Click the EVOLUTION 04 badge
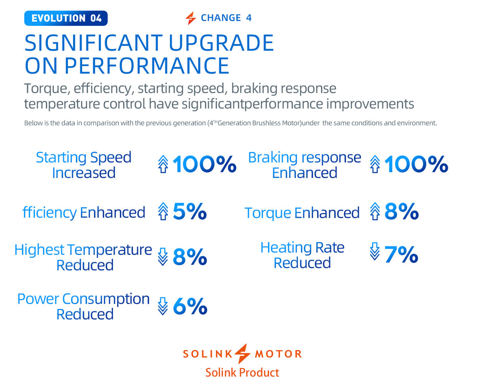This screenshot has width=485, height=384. click(x=66, y=18)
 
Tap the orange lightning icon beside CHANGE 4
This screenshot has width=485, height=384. click(x=190, y=18)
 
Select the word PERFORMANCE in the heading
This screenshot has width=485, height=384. click(x=147, y=65)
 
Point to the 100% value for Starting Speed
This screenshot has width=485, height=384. click(x=205, y=165)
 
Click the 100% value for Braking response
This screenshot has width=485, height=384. click(x=416, y=165)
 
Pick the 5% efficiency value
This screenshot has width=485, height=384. click(x=190, y=212)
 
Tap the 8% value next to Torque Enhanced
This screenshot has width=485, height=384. click(x=401, y=212)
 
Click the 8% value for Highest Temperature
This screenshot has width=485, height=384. click(x=190, y=257)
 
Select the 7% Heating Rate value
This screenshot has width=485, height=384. click(x=401, y=255)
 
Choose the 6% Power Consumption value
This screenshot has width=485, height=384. click(x=190, y=307)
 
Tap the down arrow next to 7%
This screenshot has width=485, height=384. click(x=375, y=252)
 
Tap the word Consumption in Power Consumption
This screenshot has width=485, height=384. click(x=106, y=299)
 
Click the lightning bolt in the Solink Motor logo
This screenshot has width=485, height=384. click(x=242, y=354)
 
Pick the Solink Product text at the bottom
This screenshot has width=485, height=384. click(x=242, y=372)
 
